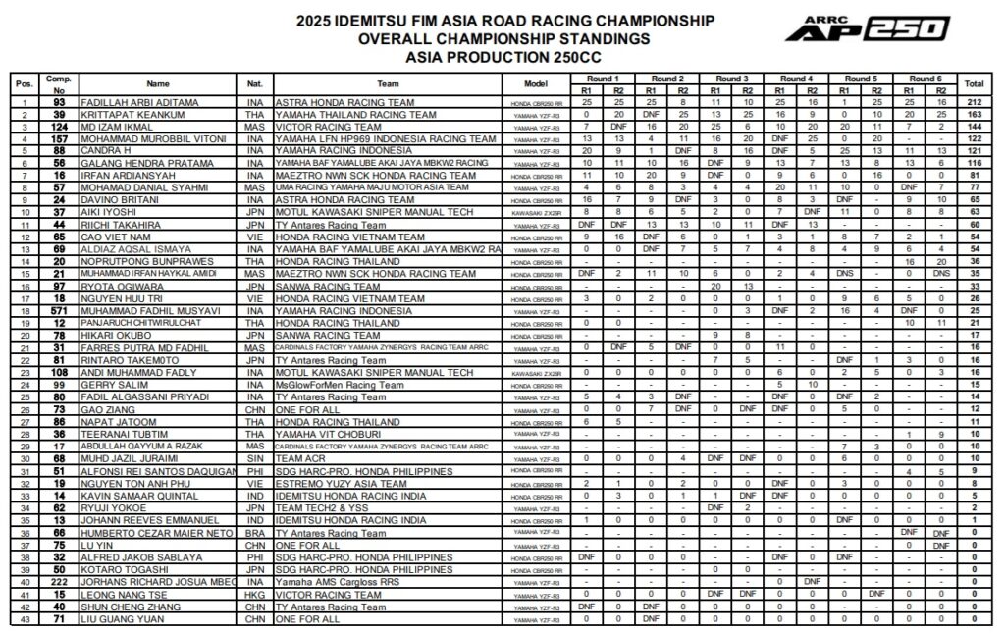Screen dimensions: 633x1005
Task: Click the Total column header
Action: coord(975,84)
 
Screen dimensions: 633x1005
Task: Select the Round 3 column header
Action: coord(731,78)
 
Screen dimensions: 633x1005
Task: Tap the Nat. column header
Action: coord(254,84)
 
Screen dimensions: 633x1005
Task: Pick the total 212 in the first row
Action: coord(975,101)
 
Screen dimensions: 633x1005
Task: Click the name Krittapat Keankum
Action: coord(125,114)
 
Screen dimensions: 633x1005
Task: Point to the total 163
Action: coord(975,114)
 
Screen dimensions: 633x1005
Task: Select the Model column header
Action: coord(535,84)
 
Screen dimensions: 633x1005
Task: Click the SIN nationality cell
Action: coord(254,458)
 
